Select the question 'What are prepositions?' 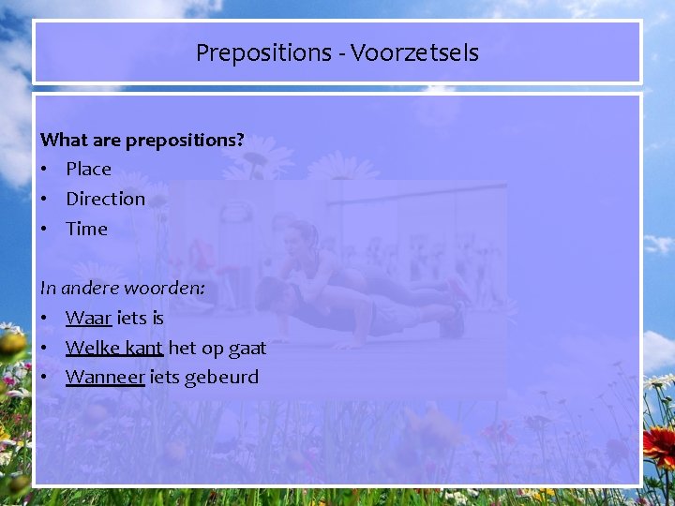(x=142, y=140)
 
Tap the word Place (x=88, y=169)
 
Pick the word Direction (x=105, y=199)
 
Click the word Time (x=86, y=229)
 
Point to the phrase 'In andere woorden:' (x=122, y=288)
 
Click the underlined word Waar (x=89, y=318)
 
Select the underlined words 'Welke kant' (x=114, y=348)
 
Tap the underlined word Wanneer (x=105, y=378)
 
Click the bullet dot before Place (x=44, y=170)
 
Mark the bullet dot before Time (x=44, y=230)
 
